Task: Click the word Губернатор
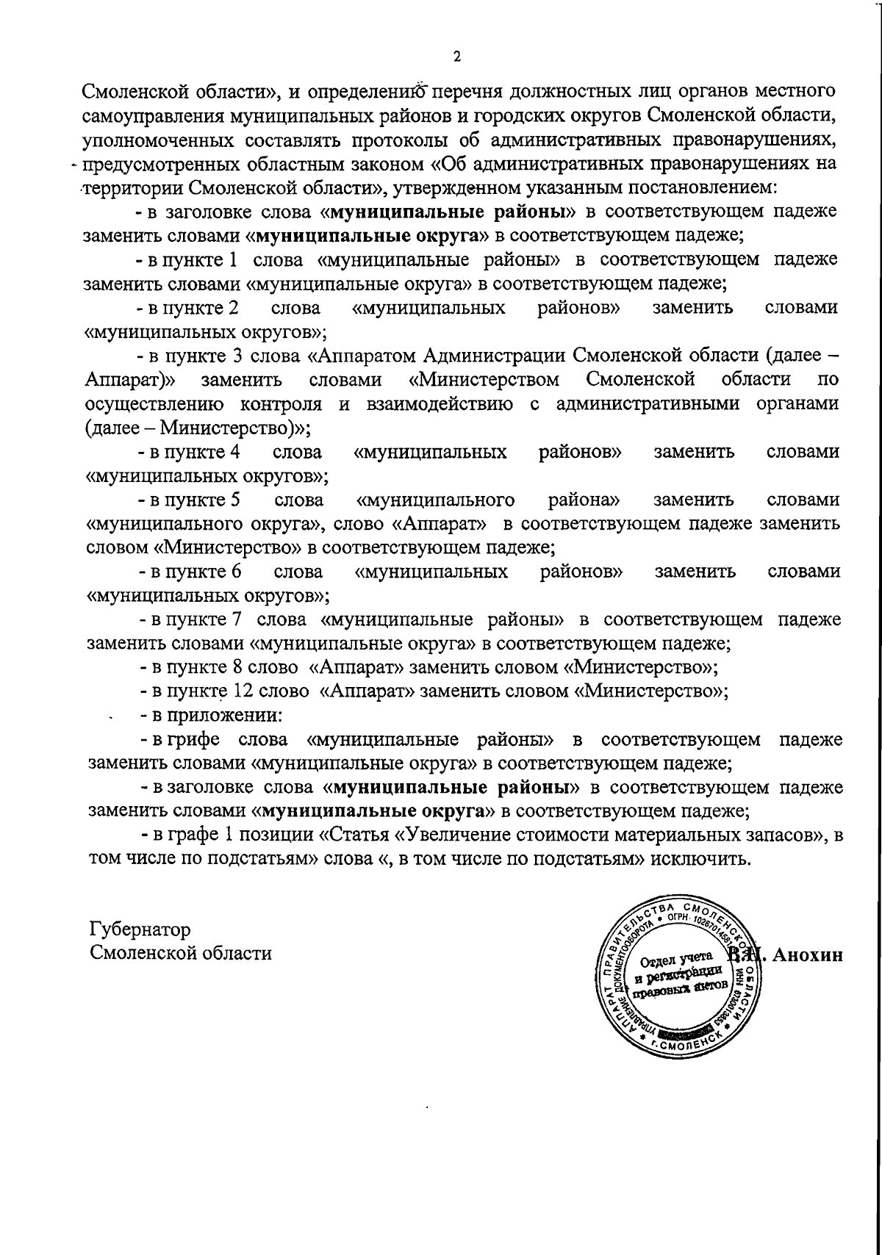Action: pyautogui.click(x=140, y=929)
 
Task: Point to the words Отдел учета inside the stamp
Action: pyautogui.click(x=676, y=959)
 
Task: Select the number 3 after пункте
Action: pyautogui.click(x=237, y=356)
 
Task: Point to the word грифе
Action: pyautogui.click(x=195, y=738)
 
